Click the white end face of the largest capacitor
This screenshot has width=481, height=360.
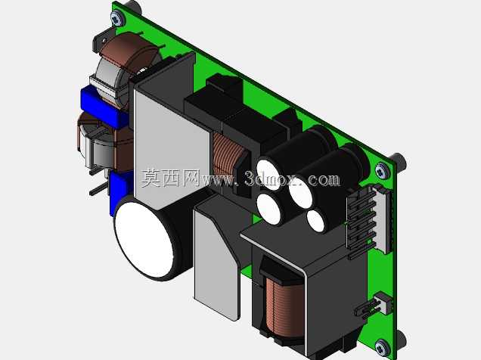[144, 240]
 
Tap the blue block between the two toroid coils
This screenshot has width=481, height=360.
[104, 107]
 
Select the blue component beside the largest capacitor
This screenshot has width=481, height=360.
[120, 192]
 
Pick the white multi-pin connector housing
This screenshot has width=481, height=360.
[383, 219]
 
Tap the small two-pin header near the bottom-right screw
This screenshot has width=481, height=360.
[375, 306]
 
